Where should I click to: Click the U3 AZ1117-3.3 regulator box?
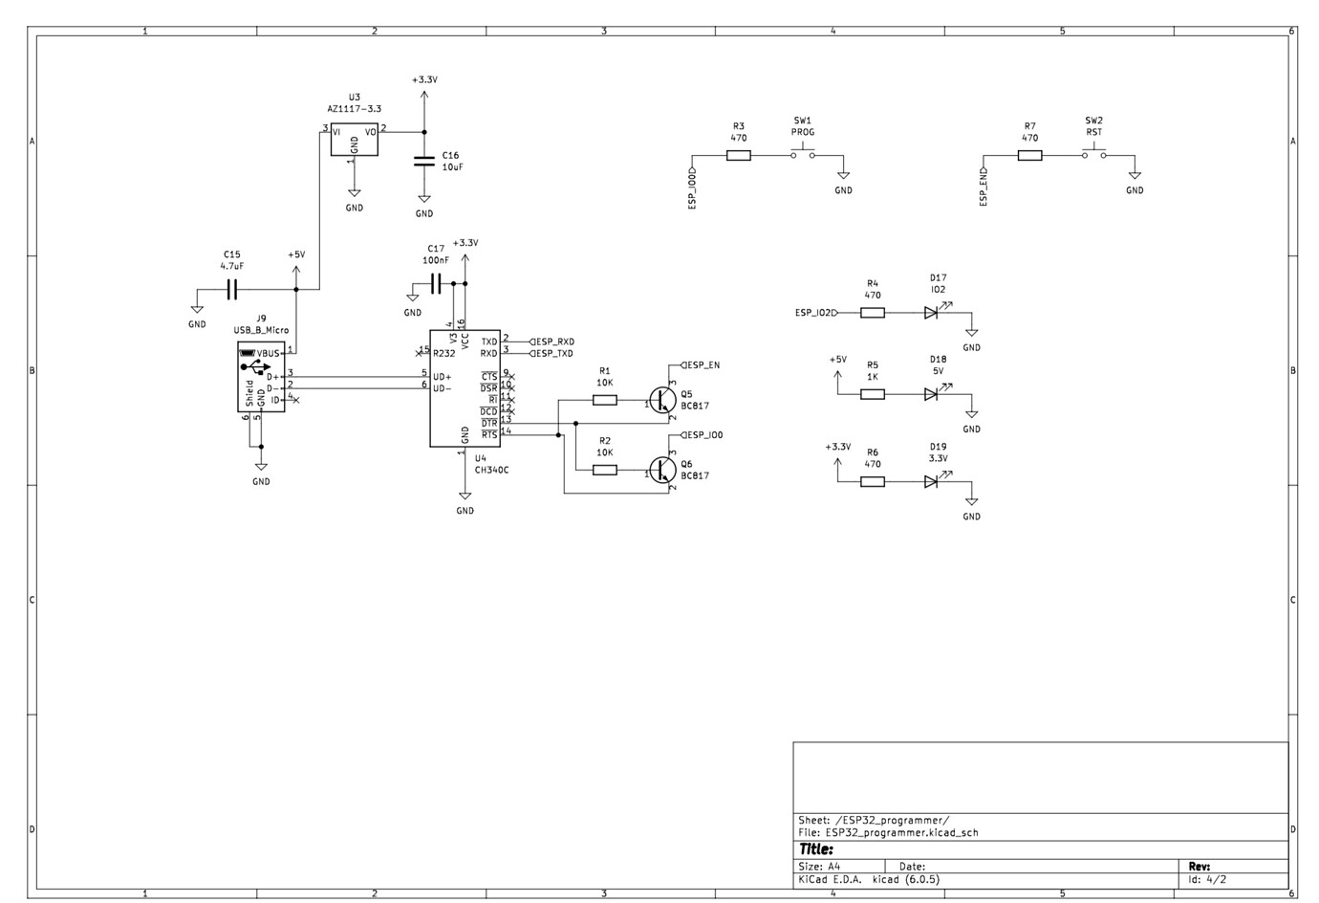pyautogui.click(x=354, y=141)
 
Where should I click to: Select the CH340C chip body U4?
pyautogui.click(x=465, y=388)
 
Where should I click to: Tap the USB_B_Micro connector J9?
pyautogui.click(x=261, y=379)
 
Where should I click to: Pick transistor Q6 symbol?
pyautogui.click(x=661, y=470)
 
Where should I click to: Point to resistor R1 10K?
pyautogui.click(x=605, y=400)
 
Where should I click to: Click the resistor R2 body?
pyautogui.click(x=605, y=470)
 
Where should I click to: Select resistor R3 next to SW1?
pyautogui.click(x=738, y=155)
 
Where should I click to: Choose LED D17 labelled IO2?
pyautogui.click(x=931, y=313)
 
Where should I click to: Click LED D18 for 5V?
pyautogui.click(x=931, y=394)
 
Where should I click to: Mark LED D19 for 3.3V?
pyautogui.click(x=931, y=482)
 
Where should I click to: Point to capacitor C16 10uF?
pyautogui.click(x=424, y=162)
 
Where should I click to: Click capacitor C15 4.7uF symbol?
pyautogui.click(x=231, y=288)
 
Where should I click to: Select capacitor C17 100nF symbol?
pyautogui.click(x=436, y=283)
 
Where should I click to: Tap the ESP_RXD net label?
pyautogui.click(x=554, y=341)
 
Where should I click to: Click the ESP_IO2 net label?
pyautogui.click(x=815, y=313)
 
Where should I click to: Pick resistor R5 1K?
pyautogui.click(x=873, y=394)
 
